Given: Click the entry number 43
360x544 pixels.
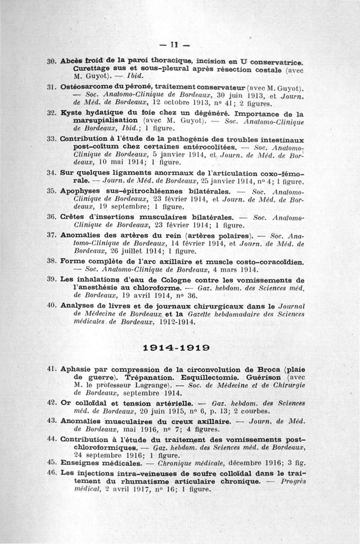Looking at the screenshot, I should (x=52, y=421).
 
